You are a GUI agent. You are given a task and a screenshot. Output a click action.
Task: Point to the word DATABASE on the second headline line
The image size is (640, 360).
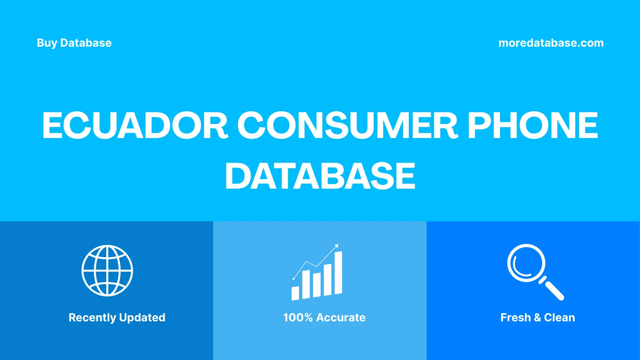320,176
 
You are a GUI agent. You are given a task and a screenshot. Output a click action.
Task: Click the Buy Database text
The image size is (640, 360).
74,43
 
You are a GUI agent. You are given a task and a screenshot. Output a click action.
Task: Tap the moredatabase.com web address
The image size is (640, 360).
551,43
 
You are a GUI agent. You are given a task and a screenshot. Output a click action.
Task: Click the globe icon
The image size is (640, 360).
107,270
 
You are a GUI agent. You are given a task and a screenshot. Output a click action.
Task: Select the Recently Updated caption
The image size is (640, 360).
117,317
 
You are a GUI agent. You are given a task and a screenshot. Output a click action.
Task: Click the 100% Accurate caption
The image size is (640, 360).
324,317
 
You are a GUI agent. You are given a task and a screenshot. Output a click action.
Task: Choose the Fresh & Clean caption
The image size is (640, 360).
537,317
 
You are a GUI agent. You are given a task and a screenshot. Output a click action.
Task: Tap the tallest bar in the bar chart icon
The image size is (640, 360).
338,273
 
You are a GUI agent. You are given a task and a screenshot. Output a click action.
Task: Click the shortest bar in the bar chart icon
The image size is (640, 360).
295,293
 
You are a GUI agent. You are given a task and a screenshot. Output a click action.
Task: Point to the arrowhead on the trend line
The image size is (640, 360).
337,246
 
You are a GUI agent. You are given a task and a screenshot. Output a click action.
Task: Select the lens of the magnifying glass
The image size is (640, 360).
526,263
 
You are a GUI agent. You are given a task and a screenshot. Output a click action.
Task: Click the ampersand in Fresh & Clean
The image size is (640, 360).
537,317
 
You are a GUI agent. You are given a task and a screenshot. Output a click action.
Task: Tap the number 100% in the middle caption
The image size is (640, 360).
298,317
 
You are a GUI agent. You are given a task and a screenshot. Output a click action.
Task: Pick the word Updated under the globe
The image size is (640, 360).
142,317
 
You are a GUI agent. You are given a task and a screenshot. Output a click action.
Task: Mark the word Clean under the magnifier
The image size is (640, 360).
559,317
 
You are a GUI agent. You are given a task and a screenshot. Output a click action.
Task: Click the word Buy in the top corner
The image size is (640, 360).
47,43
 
